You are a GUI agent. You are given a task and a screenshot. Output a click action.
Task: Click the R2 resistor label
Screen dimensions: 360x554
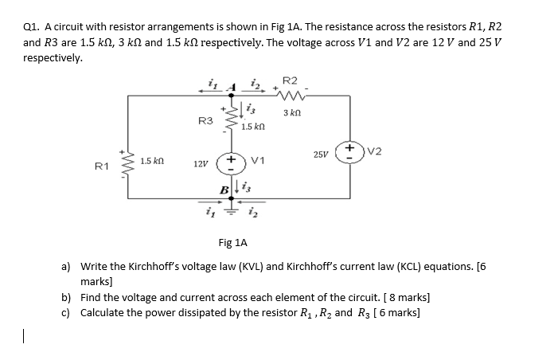coord(290,80)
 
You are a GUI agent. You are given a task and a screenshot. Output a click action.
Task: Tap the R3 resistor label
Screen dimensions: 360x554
coord(205,120)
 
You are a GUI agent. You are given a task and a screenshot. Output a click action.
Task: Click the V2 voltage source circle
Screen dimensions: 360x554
coord(347,151)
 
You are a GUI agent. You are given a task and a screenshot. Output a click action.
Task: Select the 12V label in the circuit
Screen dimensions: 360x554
coord(201,163)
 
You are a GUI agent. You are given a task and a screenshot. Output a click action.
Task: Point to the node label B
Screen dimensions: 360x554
coord(226,188)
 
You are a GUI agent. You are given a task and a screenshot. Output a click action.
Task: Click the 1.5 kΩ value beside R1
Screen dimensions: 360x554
coord(152,162)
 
